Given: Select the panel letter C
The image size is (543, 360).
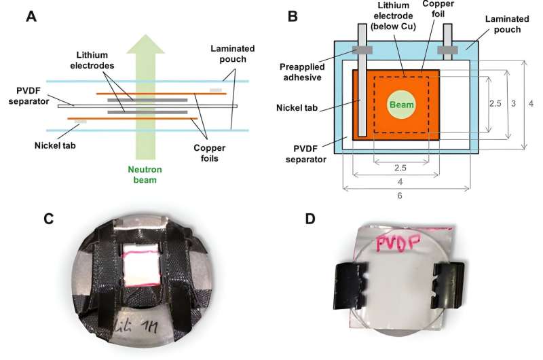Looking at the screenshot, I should point(48,219).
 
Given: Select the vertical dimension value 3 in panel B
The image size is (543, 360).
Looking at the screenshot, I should point(514,103).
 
